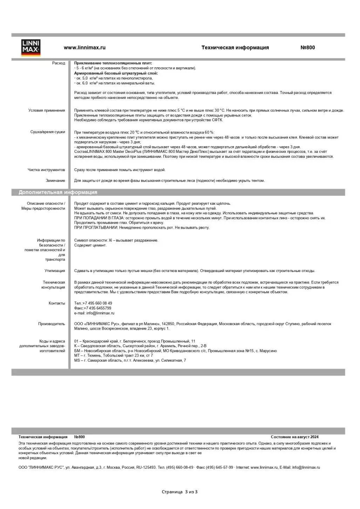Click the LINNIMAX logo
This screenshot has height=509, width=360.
[31, 48]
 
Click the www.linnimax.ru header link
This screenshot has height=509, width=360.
[84, 48]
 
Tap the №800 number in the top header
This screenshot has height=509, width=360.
[307, 48]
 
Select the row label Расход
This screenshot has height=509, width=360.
[59, 63]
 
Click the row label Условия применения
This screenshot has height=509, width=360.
[47, 110]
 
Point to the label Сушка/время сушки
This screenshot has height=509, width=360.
[48, 132]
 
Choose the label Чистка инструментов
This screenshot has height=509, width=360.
[46, 170]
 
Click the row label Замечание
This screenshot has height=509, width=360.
[55, 181]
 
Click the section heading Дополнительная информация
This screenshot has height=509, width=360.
[58, 192]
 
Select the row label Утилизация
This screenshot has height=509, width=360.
[55, 271]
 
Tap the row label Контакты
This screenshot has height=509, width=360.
[57, 304]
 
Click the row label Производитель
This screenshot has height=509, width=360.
[52, 324]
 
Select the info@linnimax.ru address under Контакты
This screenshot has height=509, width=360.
[100, 313]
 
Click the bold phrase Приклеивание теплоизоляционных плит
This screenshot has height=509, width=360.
[113, 63]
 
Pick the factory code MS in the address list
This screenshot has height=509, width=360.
[77, 361]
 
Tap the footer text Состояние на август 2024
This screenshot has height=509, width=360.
[294, 437]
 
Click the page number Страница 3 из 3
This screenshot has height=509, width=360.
[179, 492]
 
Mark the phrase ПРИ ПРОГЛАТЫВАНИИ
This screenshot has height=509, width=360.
[96, 228]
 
